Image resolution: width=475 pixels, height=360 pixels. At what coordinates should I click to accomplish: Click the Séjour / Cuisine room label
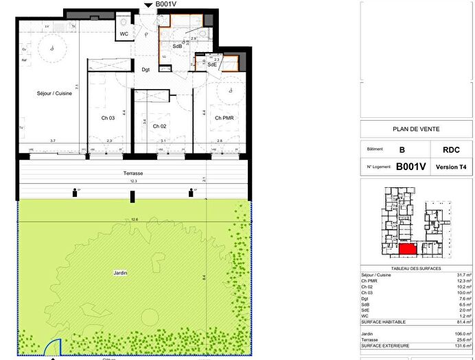[x=54, y=93]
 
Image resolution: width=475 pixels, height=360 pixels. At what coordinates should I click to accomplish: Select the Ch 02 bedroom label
[x=159, y=125]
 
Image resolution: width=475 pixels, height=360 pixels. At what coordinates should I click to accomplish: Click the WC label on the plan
[x=124, y=34]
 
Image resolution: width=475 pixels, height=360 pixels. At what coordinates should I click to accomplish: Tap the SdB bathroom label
[x=177, y=46]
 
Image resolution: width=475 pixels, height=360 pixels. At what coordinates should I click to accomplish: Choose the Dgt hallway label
[x=146, y=69]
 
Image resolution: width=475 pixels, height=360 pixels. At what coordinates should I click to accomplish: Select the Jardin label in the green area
[x=120, y=273]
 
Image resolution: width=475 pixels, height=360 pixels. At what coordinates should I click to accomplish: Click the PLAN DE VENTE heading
[x=416, y=130]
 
